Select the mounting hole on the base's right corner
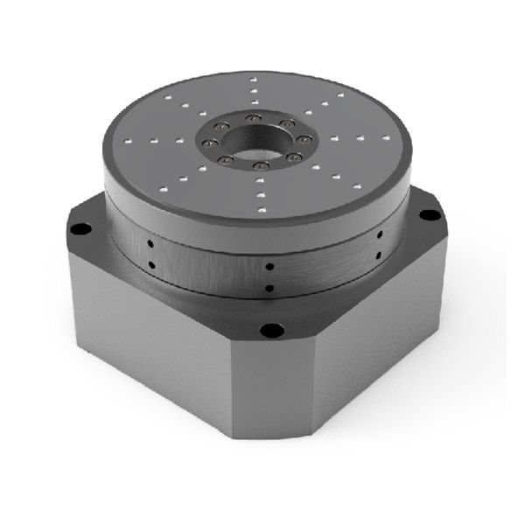pos(429,214)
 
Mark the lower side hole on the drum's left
pos(150,262)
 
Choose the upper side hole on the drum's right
pos(379,235)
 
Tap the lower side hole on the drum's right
pos(379,254)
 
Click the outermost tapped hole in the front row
pos(261,209)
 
